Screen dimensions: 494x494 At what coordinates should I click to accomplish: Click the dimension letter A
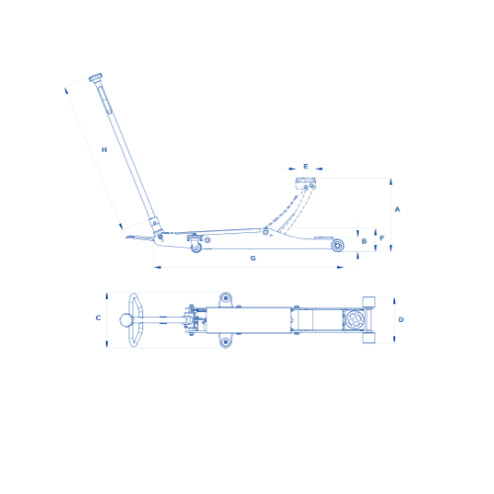point(397,209)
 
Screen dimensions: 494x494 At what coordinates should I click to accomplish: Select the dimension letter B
point(364,241)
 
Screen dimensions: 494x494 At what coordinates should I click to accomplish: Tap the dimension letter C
point(98,318)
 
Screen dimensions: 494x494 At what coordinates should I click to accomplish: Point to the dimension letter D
point(401,319)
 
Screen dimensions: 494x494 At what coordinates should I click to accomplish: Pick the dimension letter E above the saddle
point(305,166)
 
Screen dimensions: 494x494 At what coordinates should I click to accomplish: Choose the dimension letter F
point(382,238)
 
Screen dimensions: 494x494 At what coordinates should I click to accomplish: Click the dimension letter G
point(253,258)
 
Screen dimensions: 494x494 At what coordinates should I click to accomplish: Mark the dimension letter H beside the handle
point(104,150)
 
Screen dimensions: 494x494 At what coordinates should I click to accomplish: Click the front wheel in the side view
point(337,245)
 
